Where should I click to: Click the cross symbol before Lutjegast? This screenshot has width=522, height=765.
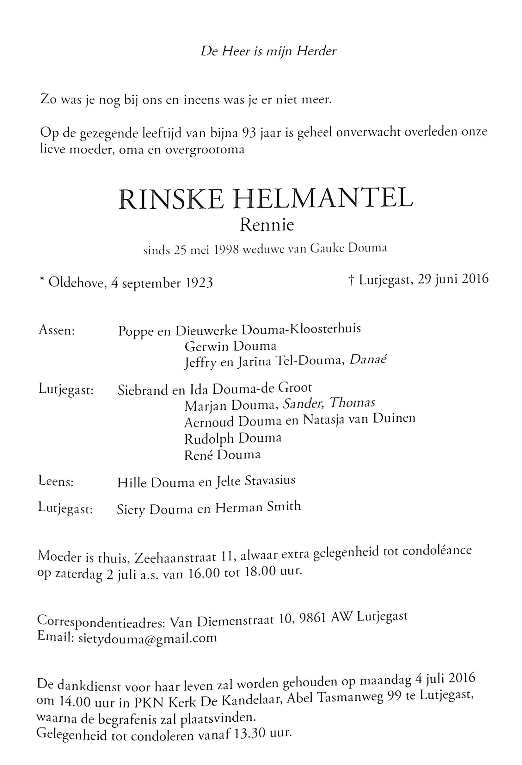[351, 280]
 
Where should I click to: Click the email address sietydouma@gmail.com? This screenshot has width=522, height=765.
[148, 637]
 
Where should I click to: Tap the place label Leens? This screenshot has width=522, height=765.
[56, 481]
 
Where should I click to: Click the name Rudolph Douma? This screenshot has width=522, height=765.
[233, 439]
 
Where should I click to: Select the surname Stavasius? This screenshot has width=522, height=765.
[270, 481]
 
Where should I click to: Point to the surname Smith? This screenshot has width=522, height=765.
[284, 506]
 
